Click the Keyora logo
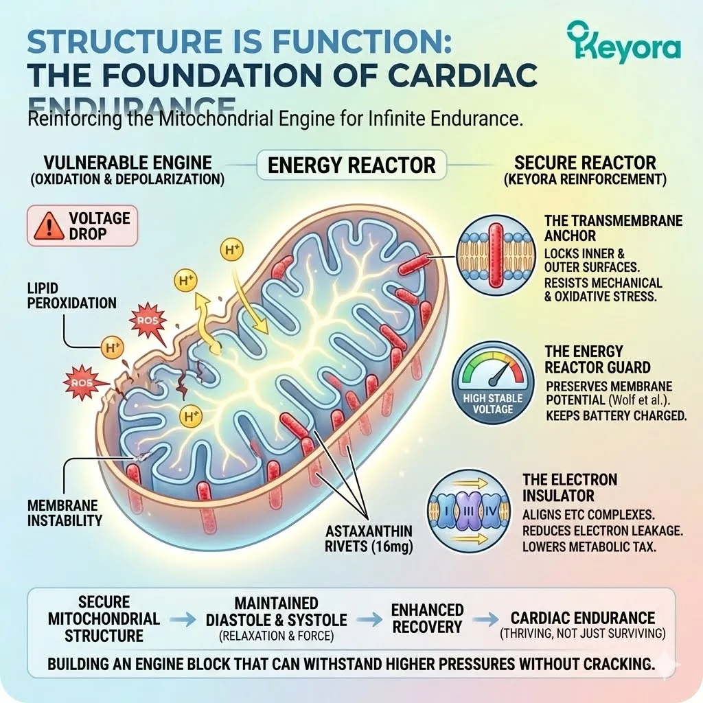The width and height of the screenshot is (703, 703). click(624, 42)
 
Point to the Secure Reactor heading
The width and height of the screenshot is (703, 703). click(585, 163)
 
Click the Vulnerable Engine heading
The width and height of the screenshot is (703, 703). click(127, 163)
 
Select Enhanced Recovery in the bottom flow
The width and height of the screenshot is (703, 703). click(427, 618)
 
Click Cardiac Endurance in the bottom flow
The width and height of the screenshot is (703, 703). click(583, 618)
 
